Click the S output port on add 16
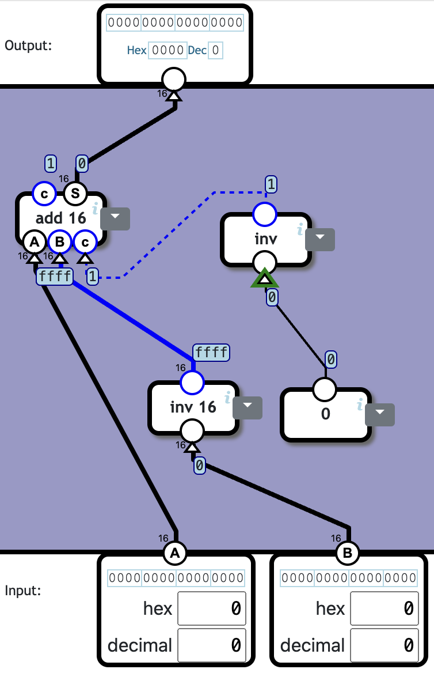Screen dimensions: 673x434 tap(75, 194)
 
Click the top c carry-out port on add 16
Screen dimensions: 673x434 tap(44, 194)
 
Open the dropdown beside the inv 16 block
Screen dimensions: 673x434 tap(248, 407)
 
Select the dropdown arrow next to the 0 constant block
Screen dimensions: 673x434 tap(380, 414)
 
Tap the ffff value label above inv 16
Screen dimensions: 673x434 tap(211, 352)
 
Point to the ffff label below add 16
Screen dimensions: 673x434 tap(55, 277)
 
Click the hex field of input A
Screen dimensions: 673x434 tap(211, 608)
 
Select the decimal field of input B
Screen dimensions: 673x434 tap(384, 645)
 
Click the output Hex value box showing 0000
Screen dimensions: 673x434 tap(167, 50)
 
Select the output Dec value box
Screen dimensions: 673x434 tap(216, 50)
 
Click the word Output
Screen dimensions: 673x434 tap(28, 45)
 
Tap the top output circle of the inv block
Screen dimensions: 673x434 tap(265, 214)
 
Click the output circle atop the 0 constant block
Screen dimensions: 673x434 tap(325, 390)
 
